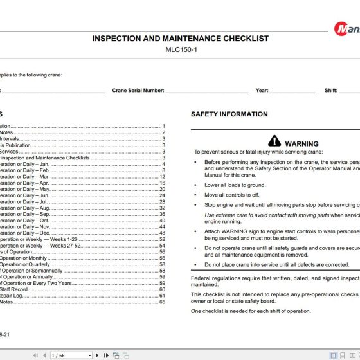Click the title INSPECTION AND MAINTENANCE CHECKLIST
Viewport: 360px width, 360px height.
point(180,39)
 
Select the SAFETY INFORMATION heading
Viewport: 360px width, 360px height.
point(230,114)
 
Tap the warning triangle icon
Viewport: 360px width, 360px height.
point(274,141)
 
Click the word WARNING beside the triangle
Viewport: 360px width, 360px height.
point(301,144)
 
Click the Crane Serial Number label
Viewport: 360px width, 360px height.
point(138,91)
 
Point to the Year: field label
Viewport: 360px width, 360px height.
point(262,91)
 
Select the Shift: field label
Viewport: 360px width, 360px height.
point(331,91)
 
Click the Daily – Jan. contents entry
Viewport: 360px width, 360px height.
point(26,164)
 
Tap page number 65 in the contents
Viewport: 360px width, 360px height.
point(163,301)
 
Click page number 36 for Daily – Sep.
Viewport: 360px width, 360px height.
point(163,214)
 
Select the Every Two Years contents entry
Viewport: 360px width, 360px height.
point(39,283)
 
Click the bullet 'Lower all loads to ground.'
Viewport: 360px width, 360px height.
point(235,185)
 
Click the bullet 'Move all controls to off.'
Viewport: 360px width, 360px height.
point(232,195)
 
